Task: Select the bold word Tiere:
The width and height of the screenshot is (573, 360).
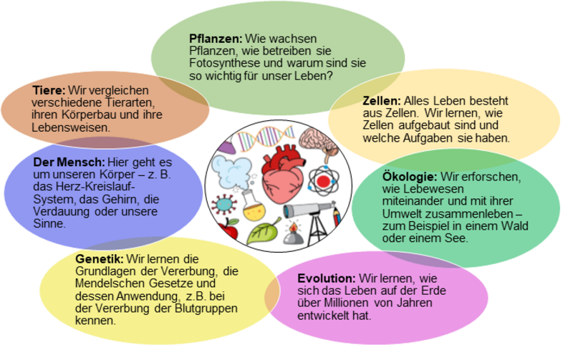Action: coord(49,91)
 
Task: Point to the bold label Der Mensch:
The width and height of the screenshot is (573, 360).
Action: coord(69,162)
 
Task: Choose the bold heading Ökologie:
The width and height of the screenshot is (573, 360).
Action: coord(387,175)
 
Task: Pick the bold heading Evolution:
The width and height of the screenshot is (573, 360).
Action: coord(326,278)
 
